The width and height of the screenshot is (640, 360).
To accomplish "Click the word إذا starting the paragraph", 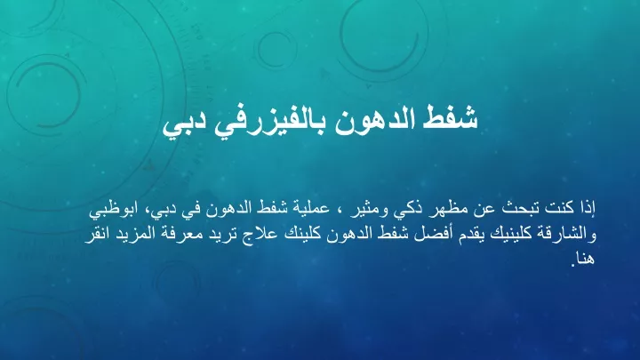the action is (588, 209).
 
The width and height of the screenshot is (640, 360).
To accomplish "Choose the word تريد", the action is (224, 235).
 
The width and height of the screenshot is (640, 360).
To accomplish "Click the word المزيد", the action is (135, 235).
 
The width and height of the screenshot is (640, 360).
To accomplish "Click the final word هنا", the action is (585, 259).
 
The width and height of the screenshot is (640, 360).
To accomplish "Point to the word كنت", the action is (560, 209).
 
